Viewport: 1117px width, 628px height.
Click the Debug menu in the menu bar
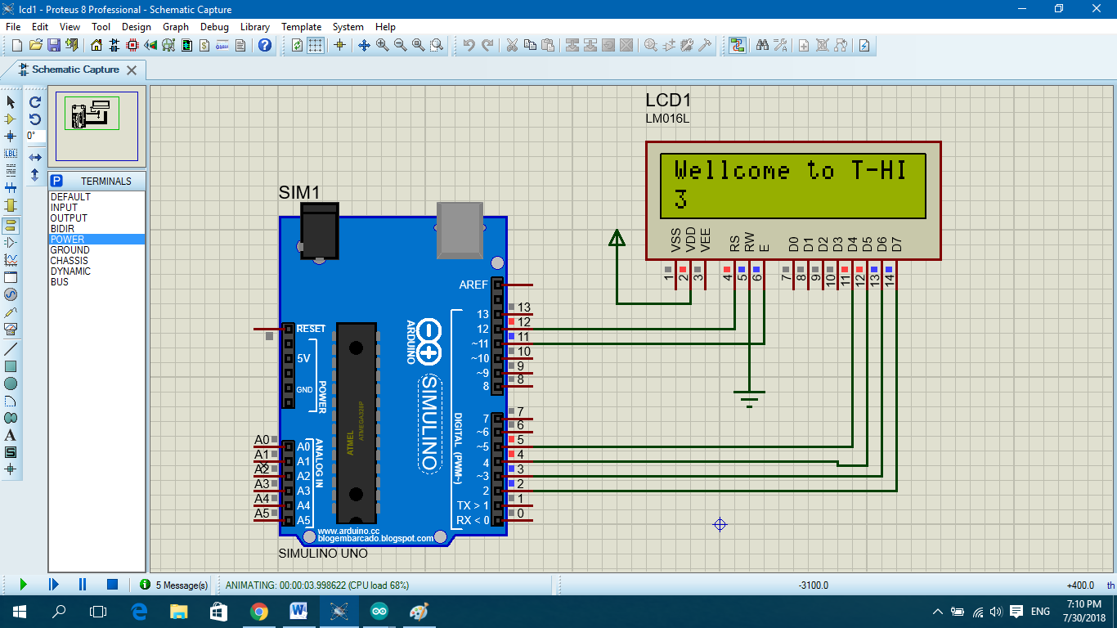(x=214, y=27)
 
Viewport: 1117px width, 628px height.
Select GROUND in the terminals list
(x=70, y=250)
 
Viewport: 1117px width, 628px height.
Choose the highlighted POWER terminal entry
(x=68, y=240)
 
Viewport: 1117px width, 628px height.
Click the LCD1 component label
(x=669, y=101)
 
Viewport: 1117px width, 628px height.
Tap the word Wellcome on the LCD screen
(x=732, y=171)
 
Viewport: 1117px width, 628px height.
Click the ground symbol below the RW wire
(x=749, y=398)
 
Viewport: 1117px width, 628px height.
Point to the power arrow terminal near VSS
(x=617, y=238)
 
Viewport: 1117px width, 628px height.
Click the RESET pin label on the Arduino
(x=311, y=329)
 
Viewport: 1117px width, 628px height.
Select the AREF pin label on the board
(x=473, y=285)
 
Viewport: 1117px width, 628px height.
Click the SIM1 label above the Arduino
(x=299, y=192)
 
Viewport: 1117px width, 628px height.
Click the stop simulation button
(x=112, y=585)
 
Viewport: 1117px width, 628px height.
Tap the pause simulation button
(x=83, y=585)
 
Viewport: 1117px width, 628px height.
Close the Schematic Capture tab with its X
(x=131, y=70)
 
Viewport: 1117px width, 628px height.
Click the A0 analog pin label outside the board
(x=262, y=441)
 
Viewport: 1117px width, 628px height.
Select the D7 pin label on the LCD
(x=897, y=243)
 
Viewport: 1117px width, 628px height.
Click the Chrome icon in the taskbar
(x=258, y=612)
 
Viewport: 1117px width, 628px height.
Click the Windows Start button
(x=19, y=612)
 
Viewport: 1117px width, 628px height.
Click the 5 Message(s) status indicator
(x=174, y=585)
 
